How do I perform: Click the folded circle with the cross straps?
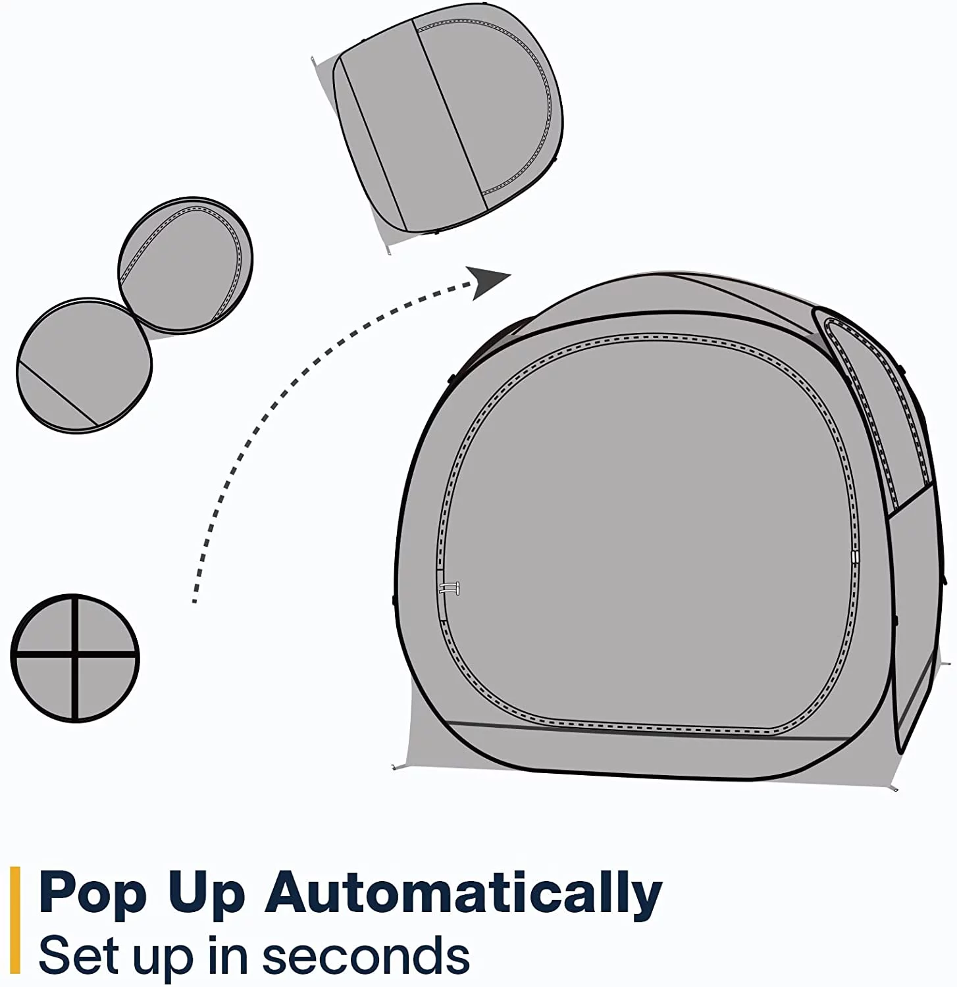point(75,658)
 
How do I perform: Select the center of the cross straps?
point(76,655)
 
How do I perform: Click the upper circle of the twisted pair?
point(185,265)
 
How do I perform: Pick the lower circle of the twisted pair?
point(84,365)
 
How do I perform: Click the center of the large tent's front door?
point(648,533)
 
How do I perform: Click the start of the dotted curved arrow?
point(195,600)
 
